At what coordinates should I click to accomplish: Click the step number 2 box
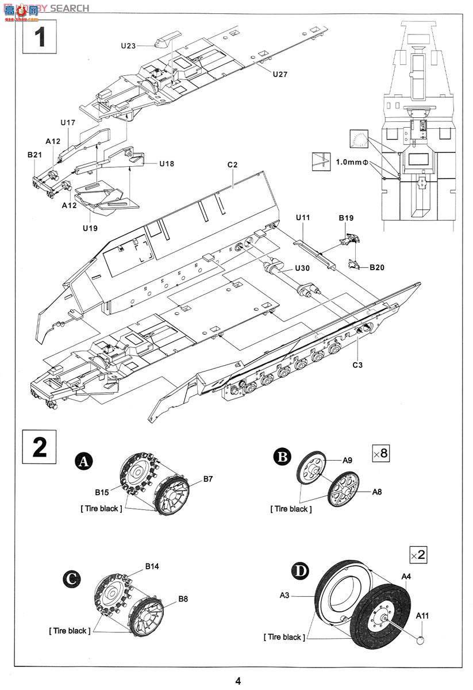(x=39, y=446)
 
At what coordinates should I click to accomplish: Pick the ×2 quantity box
(x=418, y=555)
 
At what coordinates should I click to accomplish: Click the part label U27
(x=280, y=74)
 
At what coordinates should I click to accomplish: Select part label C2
(x=232, y=164)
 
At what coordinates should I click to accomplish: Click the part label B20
(x=377, y=267)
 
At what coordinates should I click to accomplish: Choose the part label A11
(x=423, y=616)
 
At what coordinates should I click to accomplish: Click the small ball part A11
(x=420, y=639)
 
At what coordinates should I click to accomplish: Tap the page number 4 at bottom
(x=238, y=681)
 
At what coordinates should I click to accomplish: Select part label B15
(x=102, y=492)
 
